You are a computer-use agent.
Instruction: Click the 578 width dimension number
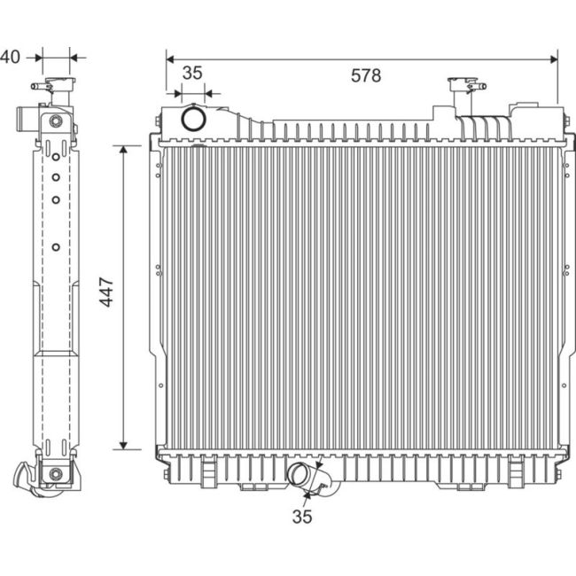pyautogui.click(x=365, y=76)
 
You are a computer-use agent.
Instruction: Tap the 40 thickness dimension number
pyautogui.click(x=10, y=58)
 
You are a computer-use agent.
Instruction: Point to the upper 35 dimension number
pyautogui.click(x=192, y=73)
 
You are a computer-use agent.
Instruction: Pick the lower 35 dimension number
pyautogui.click(x=302, y=517)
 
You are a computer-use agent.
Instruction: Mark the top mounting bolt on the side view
pyautogui.click(x=56, y=121)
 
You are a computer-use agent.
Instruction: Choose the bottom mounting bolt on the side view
pyautogui.click(x=56, y=474)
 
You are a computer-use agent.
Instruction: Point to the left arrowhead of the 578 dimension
pyautogui.click(x=169, y=58)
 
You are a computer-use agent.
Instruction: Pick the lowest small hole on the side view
pyautogui.click(x=56, y=246)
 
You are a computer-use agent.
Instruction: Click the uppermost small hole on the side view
pyautogui.click(x=56, y=157)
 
